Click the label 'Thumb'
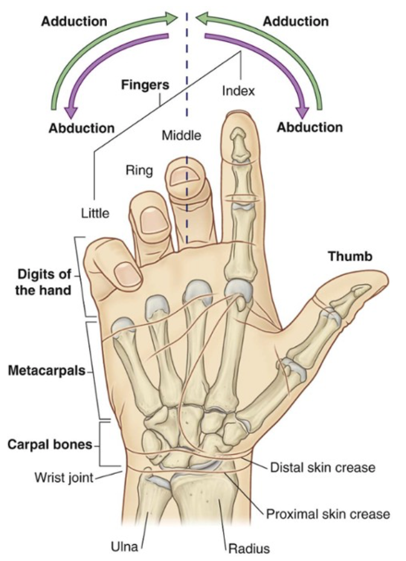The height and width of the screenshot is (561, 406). pyautogui.click(x=350, y=256)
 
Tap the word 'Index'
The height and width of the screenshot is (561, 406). pyautogui.click(x=239, y=91)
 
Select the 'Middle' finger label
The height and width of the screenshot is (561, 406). pyautogui.click(x=181, y=135)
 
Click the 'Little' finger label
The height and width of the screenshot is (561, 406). pyautogui.click(x=95, y=213)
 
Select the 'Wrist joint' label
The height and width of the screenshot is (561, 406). pyautogui.click(x=63, y=479)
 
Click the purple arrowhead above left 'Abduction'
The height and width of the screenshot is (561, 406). pyautogui.click(x=71, y=110)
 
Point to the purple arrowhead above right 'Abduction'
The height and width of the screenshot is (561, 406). pyautogui.click(x=302, y=110)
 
